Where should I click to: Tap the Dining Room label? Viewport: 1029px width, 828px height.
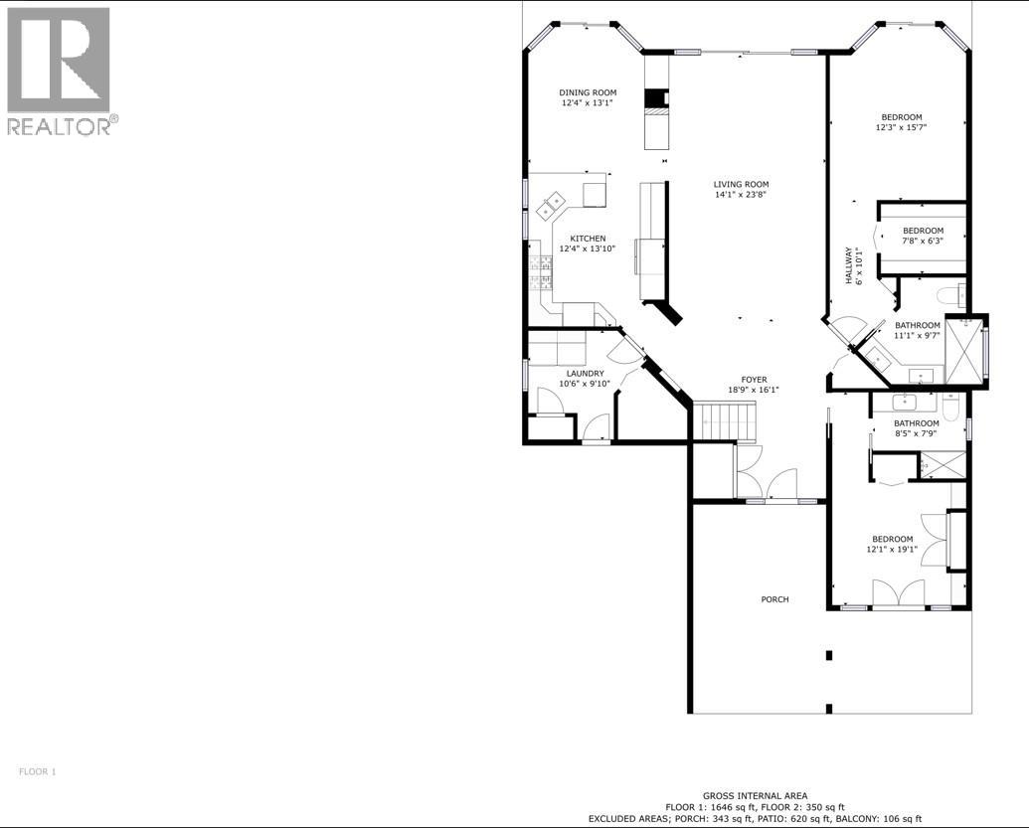tap(588, 92)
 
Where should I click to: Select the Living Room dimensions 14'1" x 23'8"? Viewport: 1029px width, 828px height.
tap(741, 195)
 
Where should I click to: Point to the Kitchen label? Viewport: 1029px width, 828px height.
tap(588, 239)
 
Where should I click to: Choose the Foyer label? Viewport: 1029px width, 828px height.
tap(753, 379)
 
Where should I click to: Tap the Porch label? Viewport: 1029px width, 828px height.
tap(774, 599)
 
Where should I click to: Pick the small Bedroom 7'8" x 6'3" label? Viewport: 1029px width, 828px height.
tap(923, 231)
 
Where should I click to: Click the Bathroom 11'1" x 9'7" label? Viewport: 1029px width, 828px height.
tap(917, 325)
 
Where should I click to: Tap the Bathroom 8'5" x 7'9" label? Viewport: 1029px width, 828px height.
tap(916, 423)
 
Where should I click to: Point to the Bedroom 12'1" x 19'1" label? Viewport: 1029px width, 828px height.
tap(890, 539)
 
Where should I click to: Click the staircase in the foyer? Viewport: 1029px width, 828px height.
tap(725, 421)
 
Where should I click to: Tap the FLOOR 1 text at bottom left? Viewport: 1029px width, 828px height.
tap(39, 771)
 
